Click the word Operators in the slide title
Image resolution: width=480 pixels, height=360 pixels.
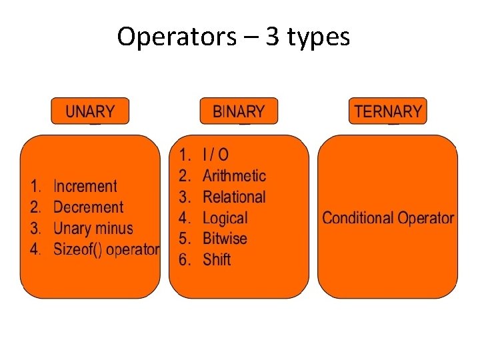[176, 37]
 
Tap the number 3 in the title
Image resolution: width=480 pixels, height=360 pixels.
[272, 37]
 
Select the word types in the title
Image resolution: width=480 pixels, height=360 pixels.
[319, 38]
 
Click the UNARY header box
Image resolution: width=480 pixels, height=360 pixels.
[90, 111]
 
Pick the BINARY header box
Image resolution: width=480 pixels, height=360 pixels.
[239, 111]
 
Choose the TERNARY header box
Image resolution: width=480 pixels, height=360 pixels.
[388, 111]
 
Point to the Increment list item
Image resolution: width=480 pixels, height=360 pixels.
[85, 187]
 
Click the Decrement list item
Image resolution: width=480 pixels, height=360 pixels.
[88, 207]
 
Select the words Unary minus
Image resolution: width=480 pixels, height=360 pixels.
[93, 228]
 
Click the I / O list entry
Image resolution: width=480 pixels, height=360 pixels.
[215, 155]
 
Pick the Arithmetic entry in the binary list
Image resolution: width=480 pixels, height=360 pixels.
[234, 176]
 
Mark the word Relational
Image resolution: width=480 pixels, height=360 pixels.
[234, 197]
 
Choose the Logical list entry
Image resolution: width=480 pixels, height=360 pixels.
[225, 218]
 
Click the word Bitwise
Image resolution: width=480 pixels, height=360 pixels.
[225, 239]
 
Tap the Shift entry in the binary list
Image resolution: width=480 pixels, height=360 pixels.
[217, 259]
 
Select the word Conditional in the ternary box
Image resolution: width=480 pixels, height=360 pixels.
[358, 218]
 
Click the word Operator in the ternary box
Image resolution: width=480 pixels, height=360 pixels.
[425, 218]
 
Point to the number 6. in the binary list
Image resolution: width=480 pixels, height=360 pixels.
[185, 259]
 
